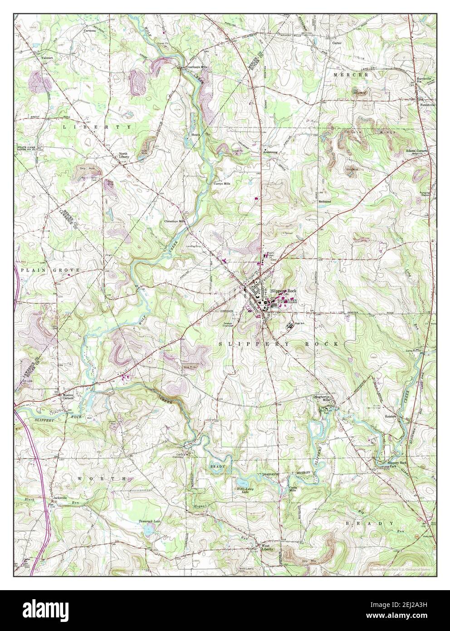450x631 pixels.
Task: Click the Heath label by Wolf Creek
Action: coord(195,135)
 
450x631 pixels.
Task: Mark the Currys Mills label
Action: coord(222,183)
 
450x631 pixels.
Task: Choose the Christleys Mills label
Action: coord(175,221)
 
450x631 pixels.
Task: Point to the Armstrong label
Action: coord(271,152)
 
